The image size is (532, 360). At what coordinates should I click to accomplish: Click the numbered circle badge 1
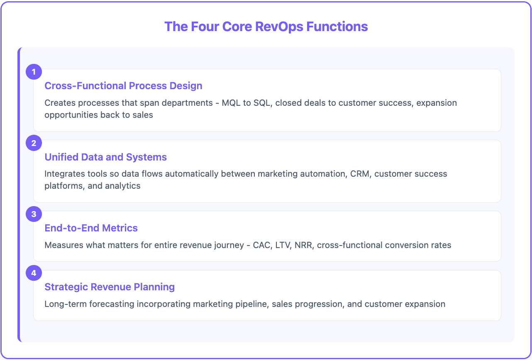coord(34,72)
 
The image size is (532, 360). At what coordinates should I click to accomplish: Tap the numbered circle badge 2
coord(34,144)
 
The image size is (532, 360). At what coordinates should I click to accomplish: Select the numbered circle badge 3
coord(34,214)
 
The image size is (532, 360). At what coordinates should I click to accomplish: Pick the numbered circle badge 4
coord(34,274)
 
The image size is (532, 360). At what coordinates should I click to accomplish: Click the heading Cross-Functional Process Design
coord(123,86)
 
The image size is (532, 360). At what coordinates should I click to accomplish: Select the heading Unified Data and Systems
coord(105,157)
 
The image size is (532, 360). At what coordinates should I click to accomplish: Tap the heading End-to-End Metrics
coord(91,228)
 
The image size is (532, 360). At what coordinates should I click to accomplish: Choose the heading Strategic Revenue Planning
coord(110,287)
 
